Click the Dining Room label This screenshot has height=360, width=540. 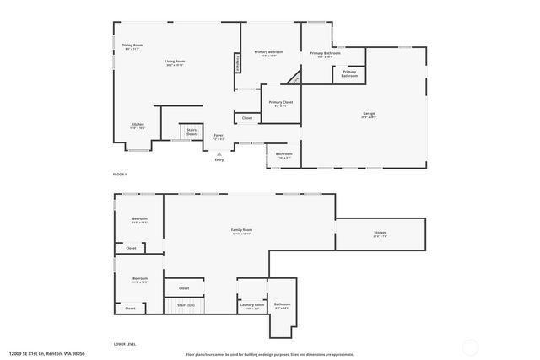tap(132, 46)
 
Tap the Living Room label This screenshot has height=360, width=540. tap(175, 62)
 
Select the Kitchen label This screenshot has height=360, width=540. tap(138, 125)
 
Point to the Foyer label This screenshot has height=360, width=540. tap(218, 135)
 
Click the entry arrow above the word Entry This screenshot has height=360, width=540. tap(219, 153)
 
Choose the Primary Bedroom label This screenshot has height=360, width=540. tap(269, 53)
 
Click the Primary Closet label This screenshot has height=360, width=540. tap(281, 103)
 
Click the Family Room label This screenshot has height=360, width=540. tap(242, 230)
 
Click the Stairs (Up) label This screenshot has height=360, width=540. tap(186, 304)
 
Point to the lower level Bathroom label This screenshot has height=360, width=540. tap(282, 304)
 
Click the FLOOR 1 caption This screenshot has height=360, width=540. tap(119, 175)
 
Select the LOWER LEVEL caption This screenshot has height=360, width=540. tap(125, 344)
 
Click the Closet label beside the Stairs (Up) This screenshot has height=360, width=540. tap(184, 288)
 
